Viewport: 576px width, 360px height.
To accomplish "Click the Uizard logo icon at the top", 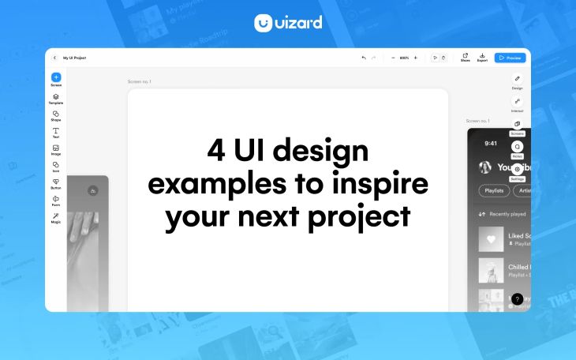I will point(264,24).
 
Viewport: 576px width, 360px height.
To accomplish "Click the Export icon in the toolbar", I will point(482,55).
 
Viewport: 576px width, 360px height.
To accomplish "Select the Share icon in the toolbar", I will point(465,55).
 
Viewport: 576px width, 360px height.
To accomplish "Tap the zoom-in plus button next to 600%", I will point(416,58).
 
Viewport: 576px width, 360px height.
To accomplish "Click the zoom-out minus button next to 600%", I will point(393,58).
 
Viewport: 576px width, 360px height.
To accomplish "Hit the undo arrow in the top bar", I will point(364,58).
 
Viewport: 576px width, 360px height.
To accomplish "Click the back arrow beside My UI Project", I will point(54,58).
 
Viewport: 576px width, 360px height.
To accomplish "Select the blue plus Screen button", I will point(56,77).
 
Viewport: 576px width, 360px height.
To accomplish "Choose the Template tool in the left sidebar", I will point(56,97).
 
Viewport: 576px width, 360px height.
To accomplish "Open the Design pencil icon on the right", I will point(517,79).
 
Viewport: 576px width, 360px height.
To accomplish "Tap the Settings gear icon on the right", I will point(517,169).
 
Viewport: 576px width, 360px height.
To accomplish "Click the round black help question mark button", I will point(517,299).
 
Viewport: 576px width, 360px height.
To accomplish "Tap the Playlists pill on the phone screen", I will point(495,190).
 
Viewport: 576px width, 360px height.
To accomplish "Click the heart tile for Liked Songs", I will point(491,238).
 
